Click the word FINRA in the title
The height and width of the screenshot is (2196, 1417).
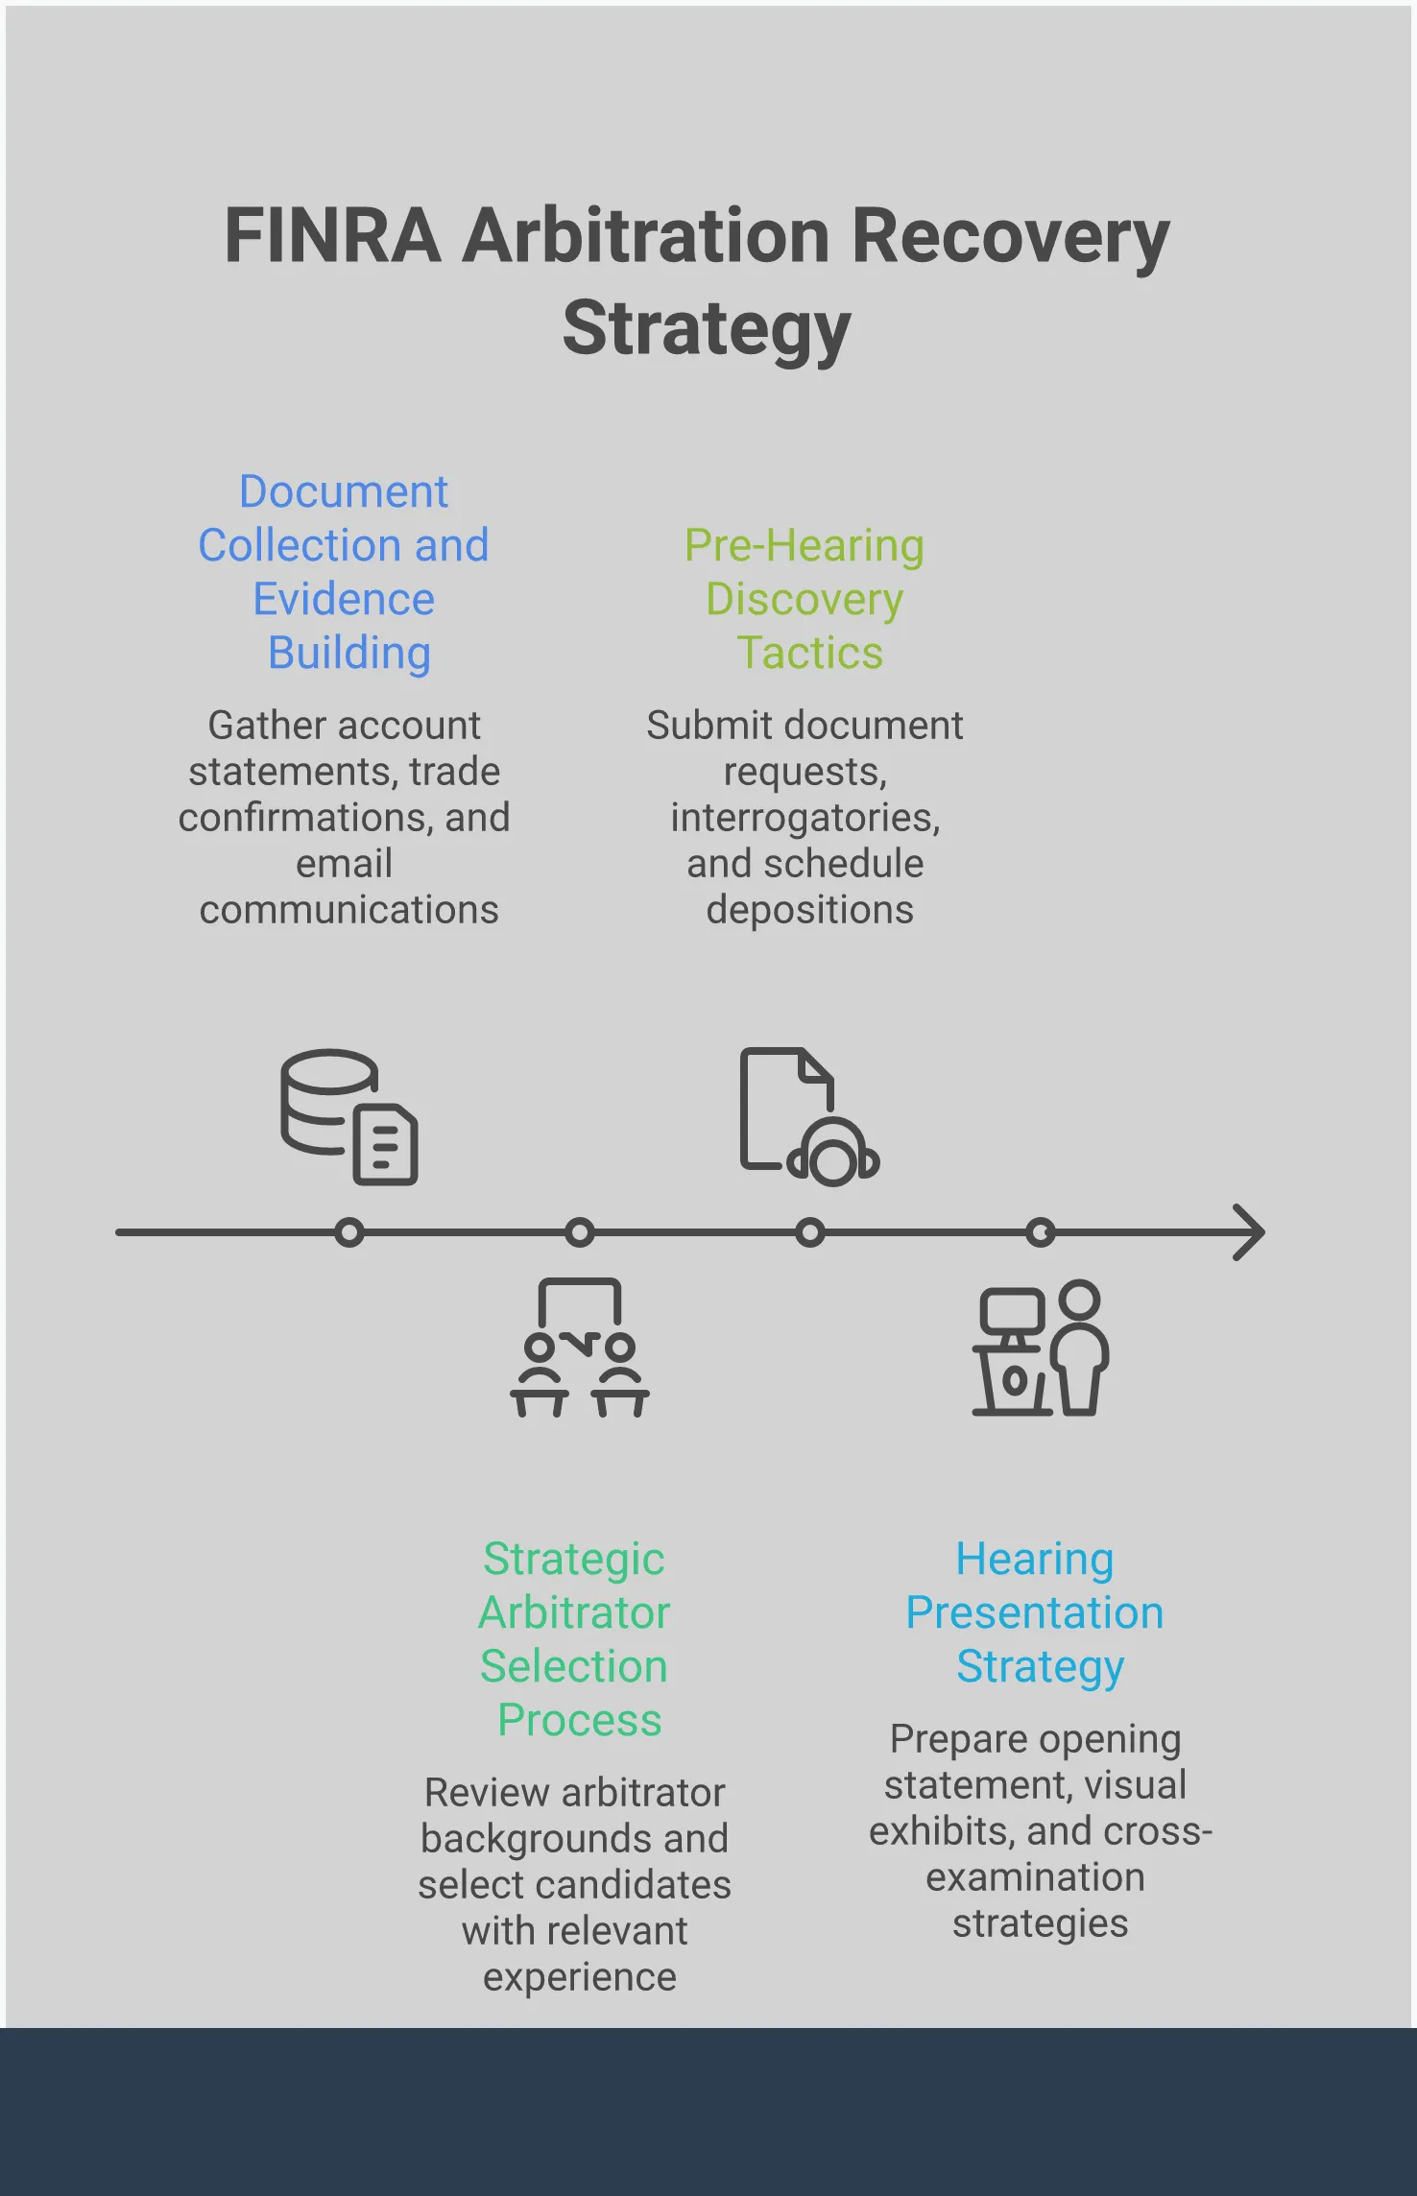332,236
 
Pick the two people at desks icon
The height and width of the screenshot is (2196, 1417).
579,1348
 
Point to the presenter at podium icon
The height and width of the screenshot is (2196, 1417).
1041,1348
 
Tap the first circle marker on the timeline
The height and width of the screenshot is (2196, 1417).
349,1232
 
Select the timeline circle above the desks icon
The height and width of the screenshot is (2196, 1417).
579,1232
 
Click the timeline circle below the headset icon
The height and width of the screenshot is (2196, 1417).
809,1232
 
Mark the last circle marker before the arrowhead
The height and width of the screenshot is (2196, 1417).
1041,1232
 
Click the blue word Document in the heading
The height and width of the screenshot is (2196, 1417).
343,491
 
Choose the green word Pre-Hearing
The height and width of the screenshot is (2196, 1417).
804,545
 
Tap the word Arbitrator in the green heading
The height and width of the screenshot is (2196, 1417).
574,1612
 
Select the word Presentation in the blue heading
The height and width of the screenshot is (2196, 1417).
1034,1612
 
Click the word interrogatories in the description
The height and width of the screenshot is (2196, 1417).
805,818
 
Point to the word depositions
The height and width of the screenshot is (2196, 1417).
809,910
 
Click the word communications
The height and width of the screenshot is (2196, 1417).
348,910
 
